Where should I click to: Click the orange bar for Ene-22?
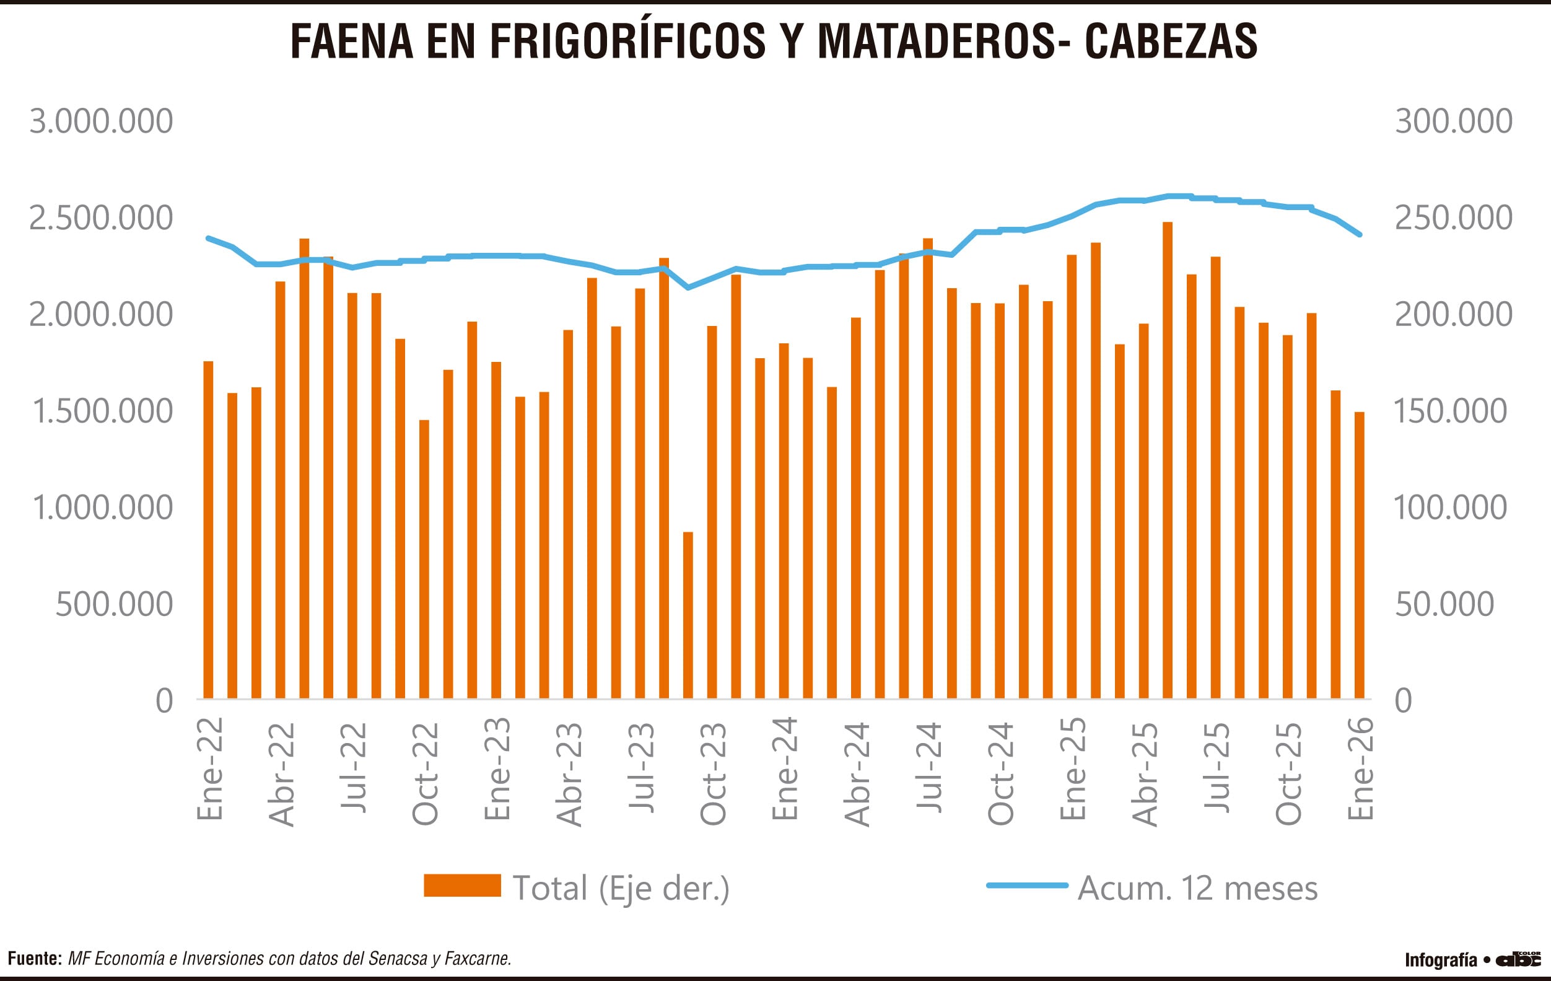click(208, 529)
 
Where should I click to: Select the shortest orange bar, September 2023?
click(688, 615)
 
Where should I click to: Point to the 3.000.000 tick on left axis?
click(101, 121)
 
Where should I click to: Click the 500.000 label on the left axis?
click(114, 604)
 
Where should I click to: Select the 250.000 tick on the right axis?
click(1453, 218)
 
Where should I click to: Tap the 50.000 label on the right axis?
click(1444, 604)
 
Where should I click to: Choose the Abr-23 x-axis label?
click(569, 773)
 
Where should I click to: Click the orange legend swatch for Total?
click(462, 885)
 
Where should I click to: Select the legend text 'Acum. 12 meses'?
click(1197, 887)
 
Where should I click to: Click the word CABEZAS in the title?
click(1170, 42)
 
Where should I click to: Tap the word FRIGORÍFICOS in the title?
click(627, 42)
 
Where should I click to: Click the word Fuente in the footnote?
click(34, 958)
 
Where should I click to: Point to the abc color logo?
click(1518, 959)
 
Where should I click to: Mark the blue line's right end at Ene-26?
click(1360, 235)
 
